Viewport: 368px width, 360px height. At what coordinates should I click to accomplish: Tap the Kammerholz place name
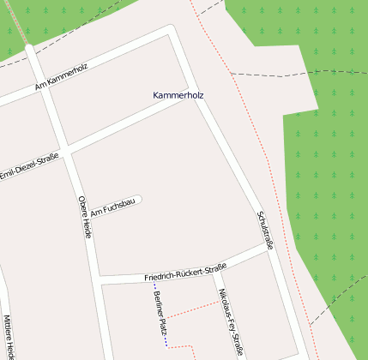(178, 94)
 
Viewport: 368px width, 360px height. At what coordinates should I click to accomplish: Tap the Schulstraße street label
(265, 230)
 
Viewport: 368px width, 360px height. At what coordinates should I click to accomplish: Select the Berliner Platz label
(160, 312)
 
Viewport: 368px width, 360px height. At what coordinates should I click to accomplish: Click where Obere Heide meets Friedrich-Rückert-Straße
(100, 279)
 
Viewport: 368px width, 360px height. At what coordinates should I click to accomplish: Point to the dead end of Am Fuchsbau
(138, 201)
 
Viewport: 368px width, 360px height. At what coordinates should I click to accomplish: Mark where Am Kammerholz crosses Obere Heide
(39, 81)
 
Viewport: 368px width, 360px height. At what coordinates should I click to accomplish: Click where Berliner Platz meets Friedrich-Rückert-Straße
(153, 279)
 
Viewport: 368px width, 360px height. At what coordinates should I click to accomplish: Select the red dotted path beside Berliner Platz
(192, 310)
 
